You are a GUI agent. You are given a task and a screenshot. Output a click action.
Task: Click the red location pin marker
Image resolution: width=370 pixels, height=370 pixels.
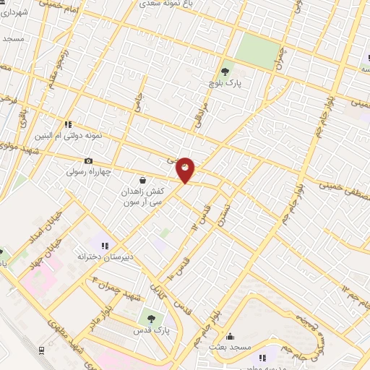(x=186, y=171)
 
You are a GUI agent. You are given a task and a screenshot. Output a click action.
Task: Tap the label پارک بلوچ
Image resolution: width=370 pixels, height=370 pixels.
(x=224, y=83)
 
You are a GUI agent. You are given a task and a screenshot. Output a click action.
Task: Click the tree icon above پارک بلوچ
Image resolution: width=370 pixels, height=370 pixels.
(x=225, y=71)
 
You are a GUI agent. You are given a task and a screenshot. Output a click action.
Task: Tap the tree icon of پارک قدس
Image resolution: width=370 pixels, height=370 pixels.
(x=152, y=317)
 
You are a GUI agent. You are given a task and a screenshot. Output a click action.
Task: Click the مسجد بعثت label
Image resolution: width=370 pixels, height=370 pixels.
(x=231, y=348)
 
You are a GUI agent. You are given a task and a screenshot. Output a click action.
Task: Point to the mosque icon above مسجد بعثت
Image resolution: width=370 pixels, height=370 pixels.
(x=231, y=336)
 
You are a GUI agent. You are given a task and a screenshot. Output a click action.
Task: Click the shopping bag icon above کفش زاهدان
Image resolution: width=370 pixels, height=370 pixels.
(x=142, y=179)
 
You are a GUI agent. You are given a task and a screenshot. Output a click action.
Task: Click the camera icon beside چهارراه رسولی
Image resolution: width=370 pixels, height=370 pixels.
(x=88, y=160)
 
